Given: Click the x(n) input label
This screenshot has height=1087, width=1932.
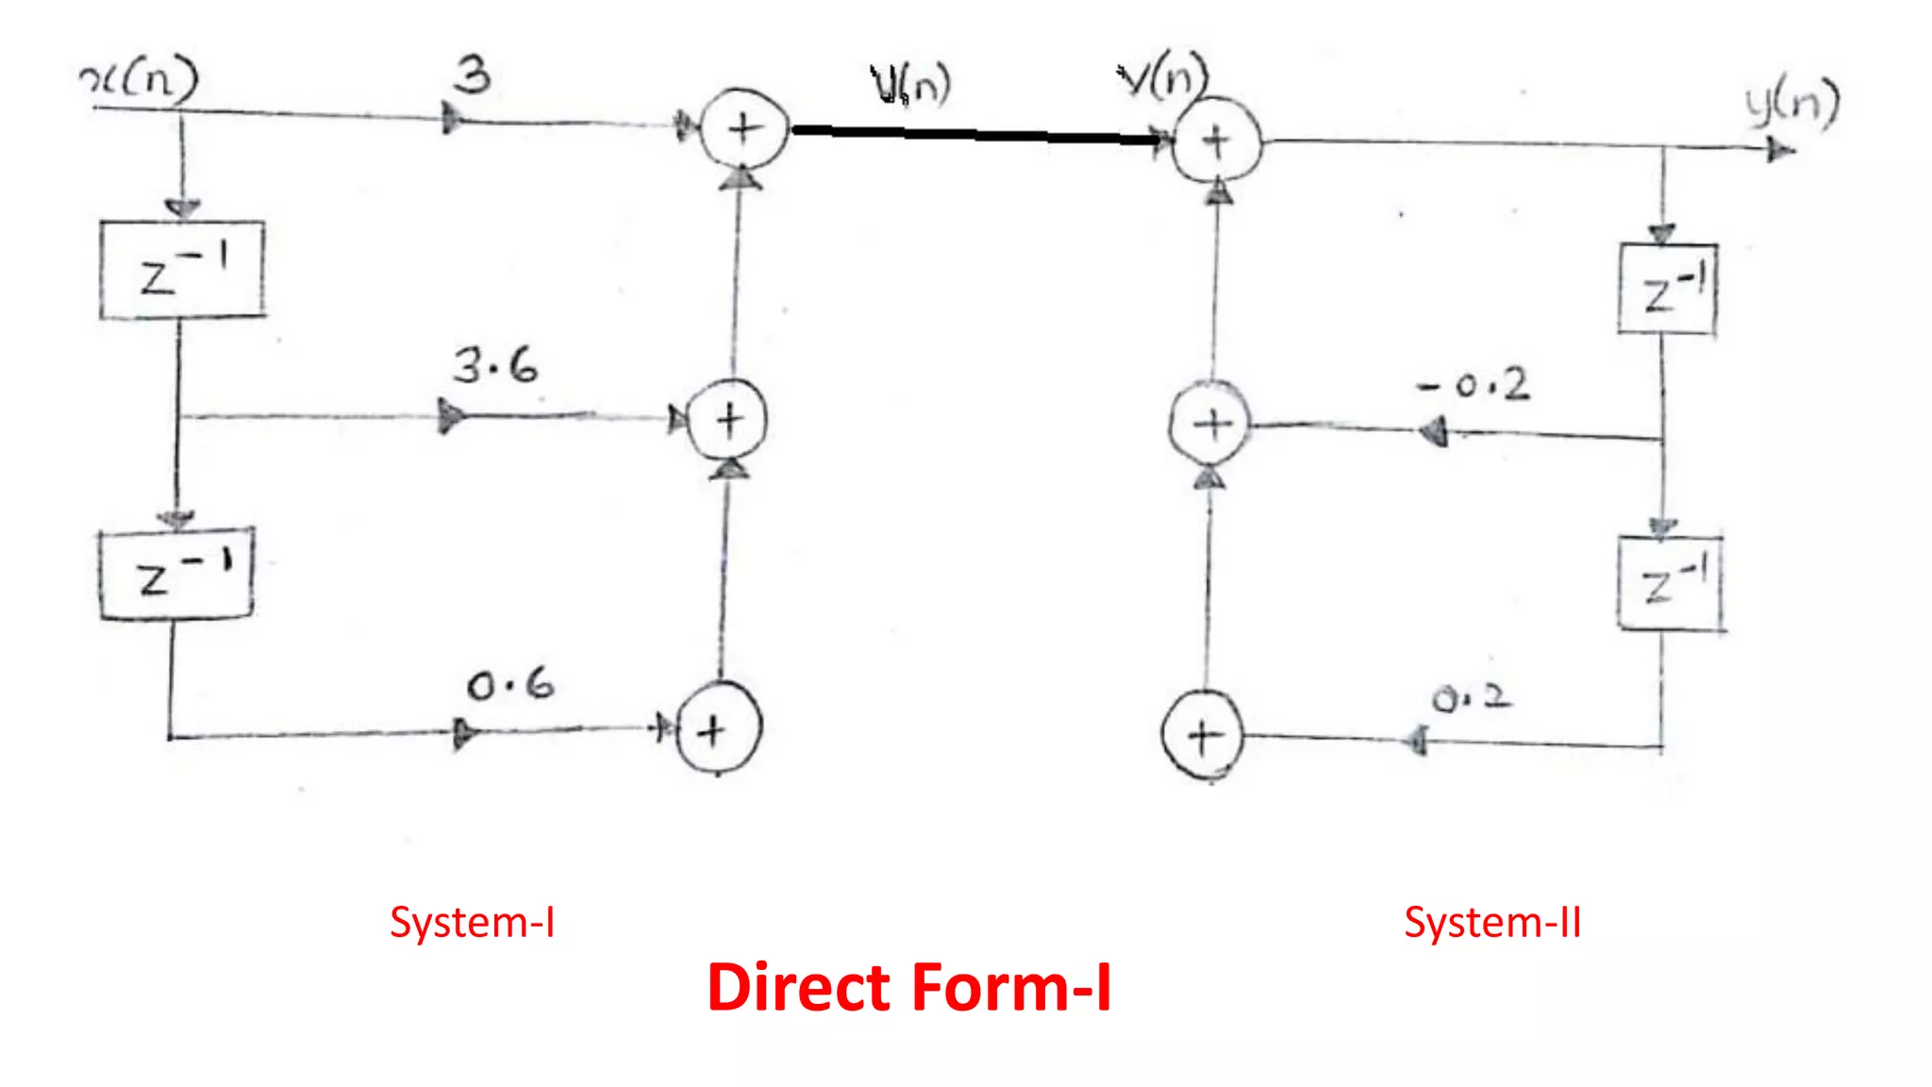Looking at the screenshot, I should tap(140, 79).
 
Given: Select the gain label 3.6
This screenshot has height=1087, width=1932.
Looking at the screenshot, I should tap(495, 365).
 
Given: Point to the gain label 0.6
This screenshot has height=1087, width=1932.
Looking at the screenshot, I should tap(510, 684).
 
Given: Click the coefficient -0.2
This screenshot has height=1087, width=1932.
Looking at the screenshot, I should tap(1474, 385).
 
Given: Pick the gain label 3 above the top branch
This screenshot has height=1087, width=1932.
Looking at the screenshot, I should tap(473, 75).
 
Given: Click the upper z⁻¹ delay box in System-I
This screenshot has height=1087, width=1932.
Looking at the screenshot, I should tap(182, 270).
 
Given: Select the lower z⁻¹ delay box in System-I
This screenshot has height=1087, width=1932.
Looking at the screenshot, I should tap(176, 574).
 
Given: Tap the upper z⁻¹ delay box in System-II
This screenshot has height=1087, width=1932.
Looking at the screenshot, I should tap(1668, 289).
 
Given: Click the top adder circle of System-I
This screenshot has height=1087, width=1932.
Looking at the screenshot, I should tap(744, 128).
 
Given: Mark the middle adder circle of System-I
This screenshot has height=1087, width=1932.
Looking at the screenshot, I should tap(727, 420).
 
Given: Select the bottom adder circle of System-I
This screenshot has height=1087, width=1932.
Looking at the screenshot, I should tap(718, 729).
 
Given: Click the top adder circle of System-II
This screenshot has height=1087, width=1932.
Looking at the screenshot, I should tap(1216, 141).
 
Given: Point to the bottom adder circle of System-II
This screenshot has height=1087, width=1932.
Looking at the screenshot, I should tap(1203, 736).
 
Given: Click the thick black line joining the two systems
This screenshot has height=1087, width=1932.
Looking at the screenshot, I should tap(976, 135).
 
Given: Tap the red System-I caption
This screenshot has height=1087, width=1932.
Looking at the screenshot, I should tap(473, 922).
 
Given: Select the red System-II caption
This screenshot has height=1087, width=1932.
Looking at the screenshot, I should tap(1492, 922).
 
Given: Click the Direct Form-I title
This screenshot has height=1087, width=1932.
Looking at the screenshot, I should tap(909, 988).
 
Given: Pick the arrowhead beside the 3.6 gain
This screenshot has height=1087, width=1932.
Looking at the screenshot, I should tap(451, 416).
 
